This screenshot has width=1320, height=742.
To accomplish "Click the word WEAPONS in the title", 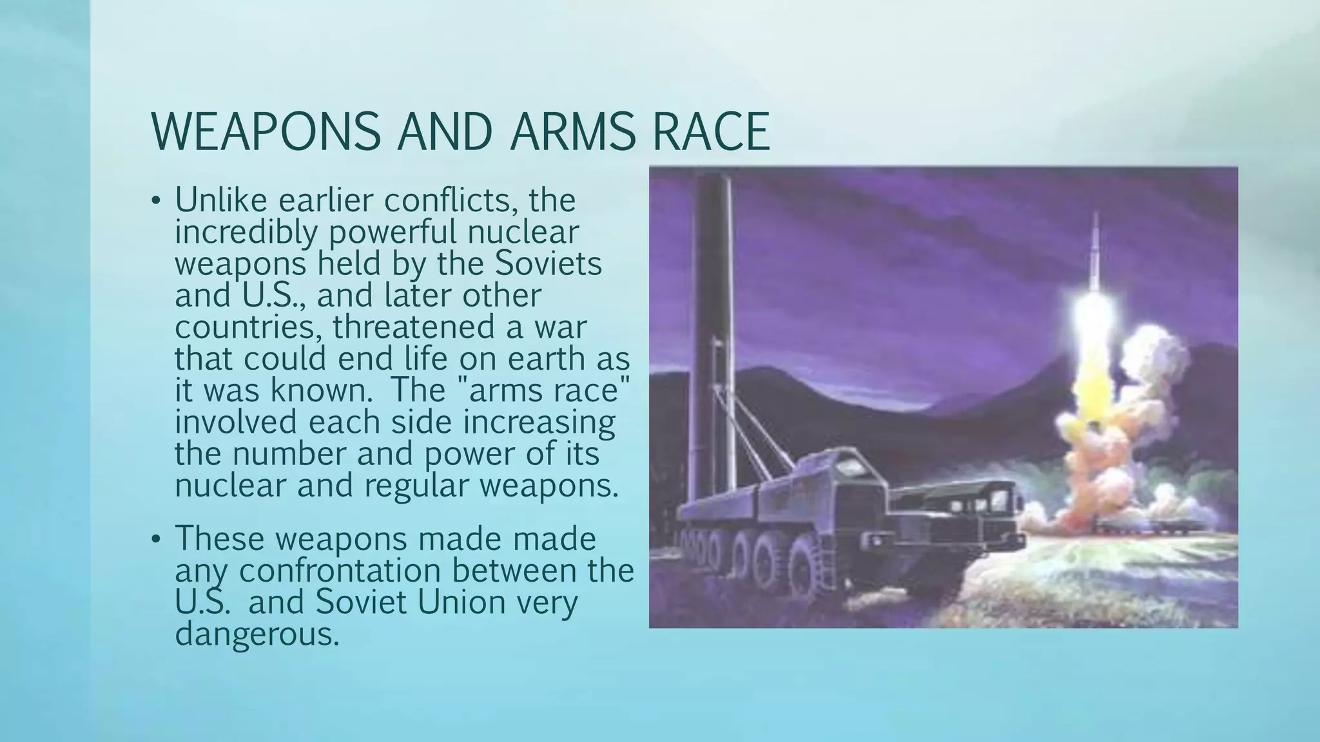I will click(266, 132).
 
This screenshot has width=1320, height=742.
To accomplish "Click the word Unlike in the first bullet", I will click(220, 200).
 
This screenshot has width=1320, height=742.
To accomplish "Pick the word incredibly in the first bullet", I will click(246, 232).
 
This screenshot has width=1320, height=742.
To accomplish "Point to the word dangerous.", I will click(257, 634).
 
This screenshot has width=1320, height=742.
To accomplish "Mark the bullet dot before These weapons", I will click(155, 540).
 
